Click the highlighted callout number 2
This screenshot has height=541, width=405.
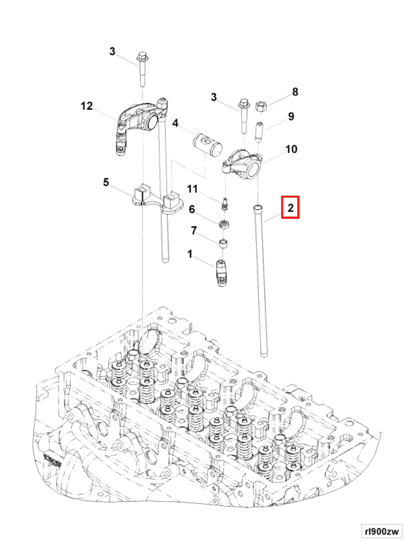pyautogui.click(x=290, y=207)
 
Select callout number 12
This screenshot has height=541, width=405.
pyautogui.click(x=86, y=106)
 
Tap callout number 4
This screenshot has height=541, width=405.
pyautogui.click(x=175, y=123)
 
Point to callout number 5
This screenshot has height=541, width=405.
pyautogui.click(x=106, y=182)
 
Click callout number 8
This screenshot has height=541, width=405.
pyautogui.click(x=295, y=92)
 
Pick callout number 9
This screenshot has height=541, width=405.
pyautogui.click(x=291, y=116)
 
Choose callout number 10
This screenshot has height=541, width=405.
pyautogui.click(x=291, y=149)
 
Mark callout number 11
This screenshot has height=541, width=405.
pyautogui.click(x=192, y=189)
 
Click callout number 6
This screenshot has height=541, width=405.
pyautogui.click(x=192, y=210)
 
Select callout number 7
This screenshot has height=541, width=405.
pyautogui.click(x=193, y=230)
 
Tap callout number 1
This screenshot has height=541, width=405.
pyautogui.click(x=190, y=254)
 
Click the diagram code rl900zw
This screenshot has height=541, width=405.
pyautogui.click(x=381, y=531)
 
